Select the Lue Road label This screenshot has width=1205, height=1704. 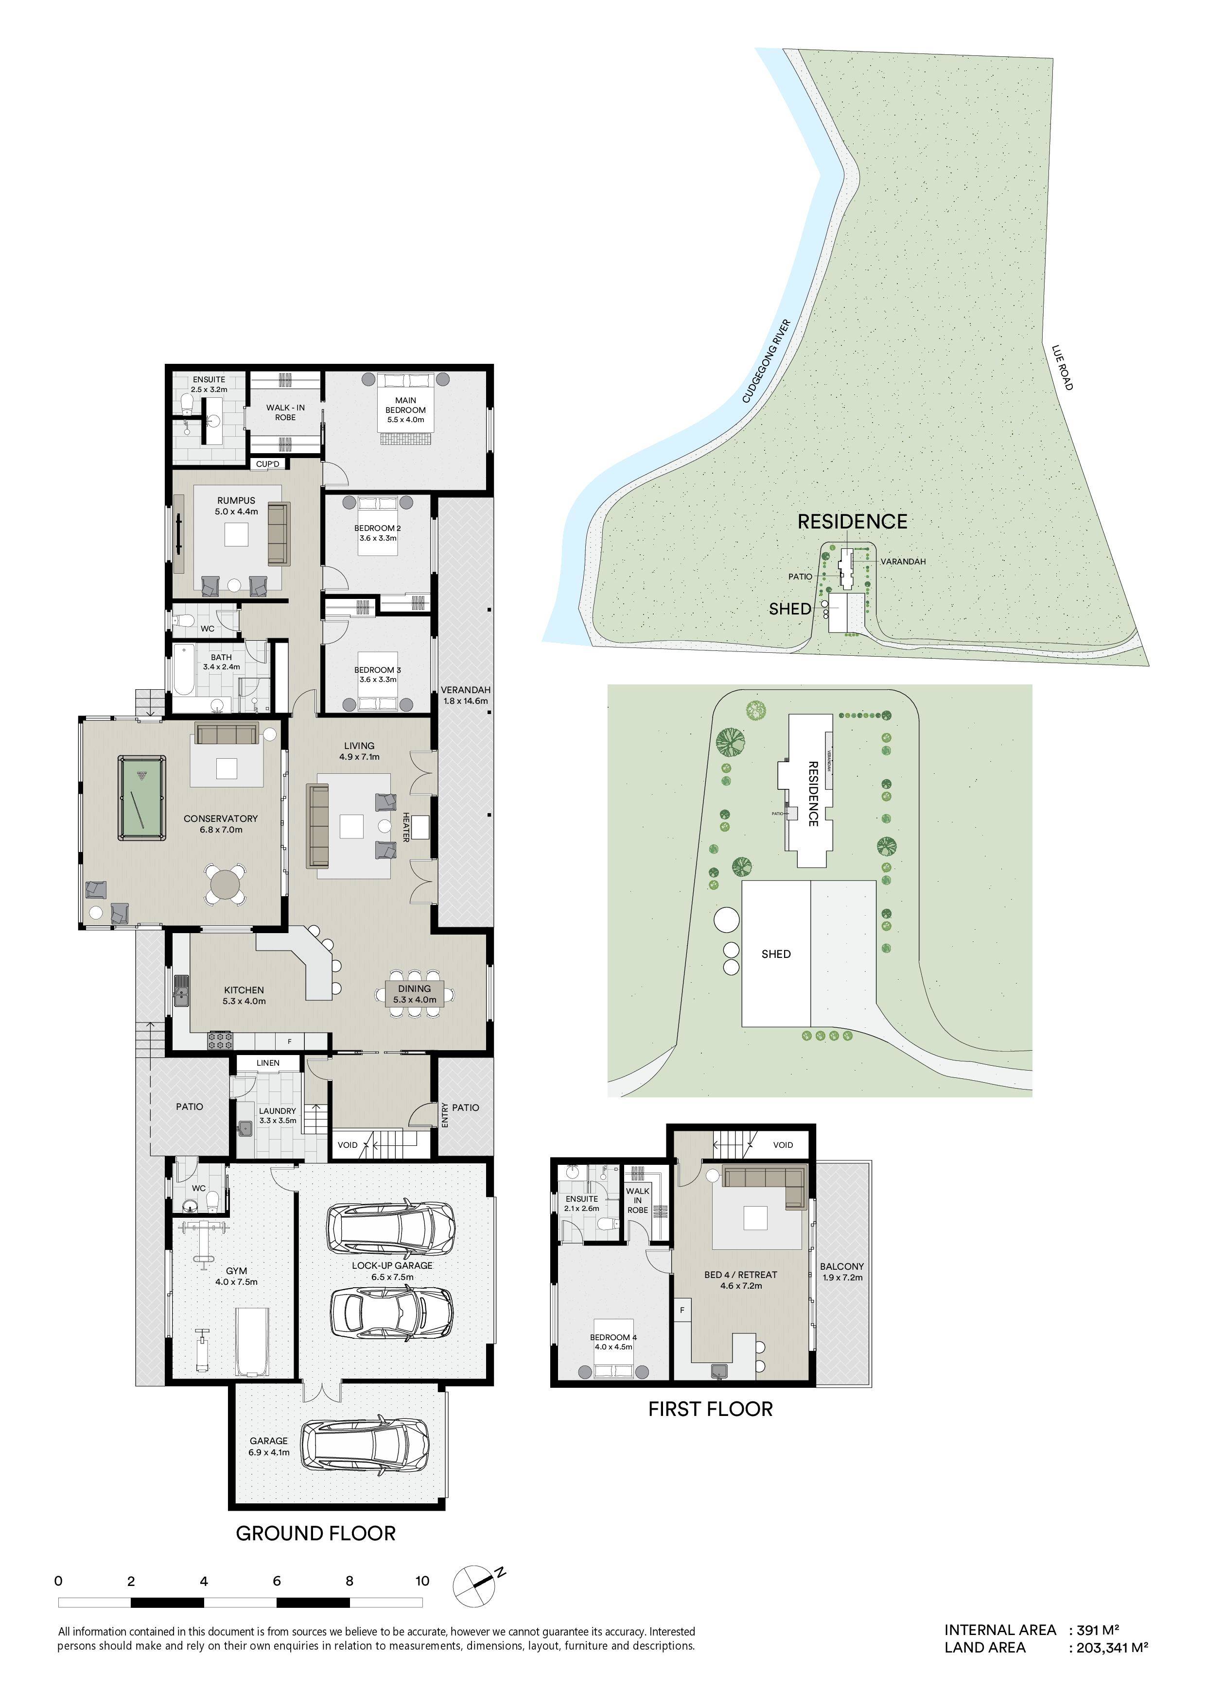coord(1063,367)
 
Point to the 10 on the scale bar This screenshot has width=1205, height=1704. coord(422,1581)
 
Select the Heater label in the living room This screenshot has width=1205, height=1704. coord(406,827)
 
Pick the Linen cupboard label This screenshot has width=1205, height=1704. coord(268,1063)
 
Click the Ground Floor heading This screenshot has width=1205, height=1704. coord(315,1534)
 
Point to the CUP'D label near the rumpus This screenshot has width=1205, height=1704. coord(267,464)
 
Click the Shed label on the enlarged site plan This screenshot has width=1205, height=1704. coord(776,954)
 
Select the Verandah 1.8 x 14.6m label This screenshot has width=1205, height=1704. coord(466,695)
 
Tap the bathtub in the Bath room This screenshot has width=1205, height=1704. coord(183,670)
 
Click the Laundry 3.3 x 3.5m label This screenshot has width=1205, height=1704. coord(278,1115)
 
